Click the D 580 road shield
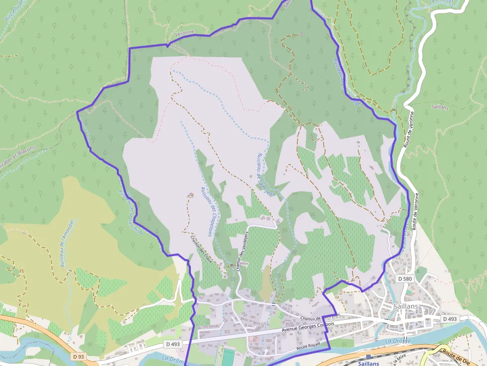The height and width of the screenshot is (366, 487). coord(406,280)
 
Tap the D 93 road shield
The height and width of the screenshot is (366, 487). coord(78,356)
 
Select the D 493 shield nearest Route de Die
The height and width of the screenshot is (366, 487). coord(449,318)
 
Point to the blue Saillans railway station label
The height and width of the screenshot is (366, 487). coord(368,363)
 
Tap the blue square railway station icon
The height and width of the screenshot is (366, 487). coord(368,357)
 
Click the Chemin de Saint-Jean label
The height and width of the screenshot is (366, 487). coord(320,316)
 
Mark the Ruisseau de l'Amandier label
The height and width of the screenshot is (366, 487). coord(67,243)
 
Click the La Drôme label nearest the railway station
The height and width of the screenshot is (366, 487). coord(395,341)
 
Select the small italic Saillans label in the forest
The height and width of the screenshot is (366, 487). coord(440,106)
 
